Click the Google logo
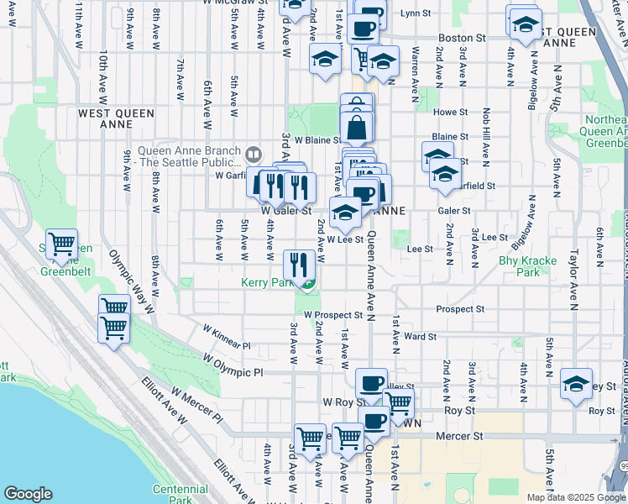tap(28, 494)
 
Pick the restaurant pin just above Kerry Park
tap(300, 265)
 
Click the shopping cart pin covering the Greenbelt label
tap(62, 244)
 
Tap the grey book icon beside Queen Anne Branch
tap(253, 154)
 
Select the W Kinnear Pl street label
tap(227, 334)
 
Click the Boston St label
tap(463, 38)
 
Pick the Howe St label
tap(450, 112)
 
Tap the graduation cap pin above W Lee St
tap(345, 213)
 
